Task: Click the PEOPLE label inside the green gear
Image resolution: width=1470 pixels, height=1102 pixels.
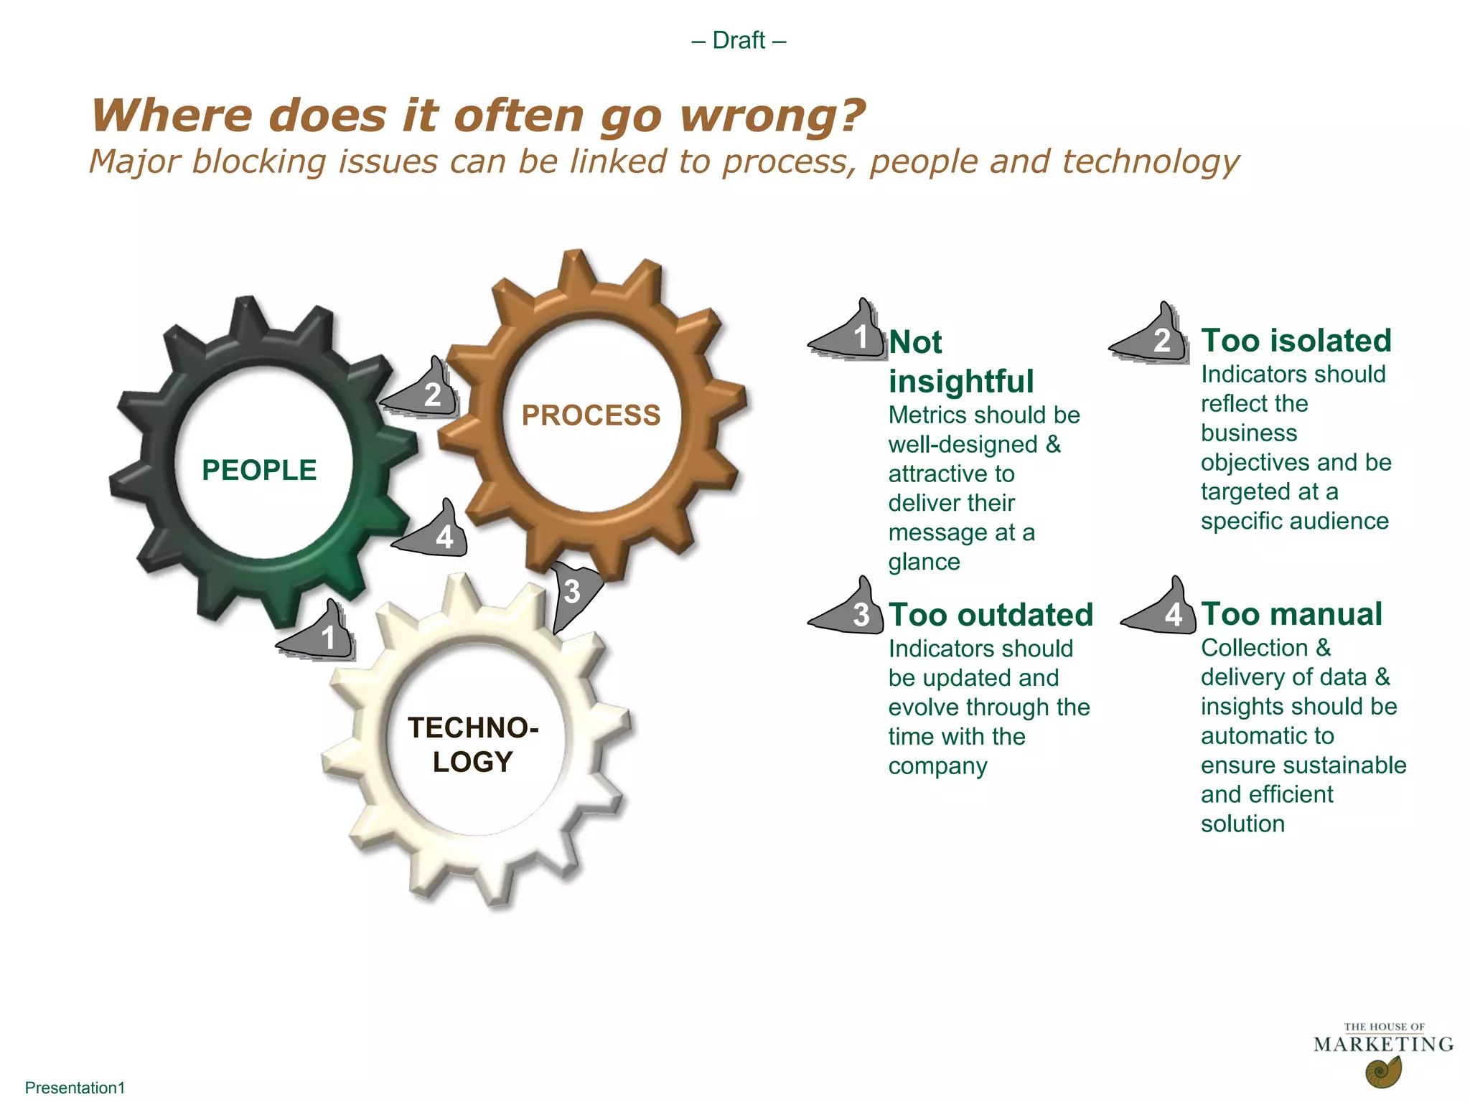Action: pos(259,471)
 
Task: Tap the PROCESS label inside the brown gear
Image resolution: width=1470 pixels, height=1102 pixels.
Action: pos(591,415)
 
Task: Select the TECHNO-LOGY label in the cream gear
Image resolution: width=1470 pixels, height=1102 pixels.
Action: pos(473,745)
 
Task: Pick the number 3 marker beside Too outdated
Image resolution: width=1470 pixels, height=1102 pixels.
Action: pos(856,614)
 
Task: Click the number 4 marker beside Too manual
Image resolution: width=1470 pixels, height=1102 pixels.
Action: pos(1169,613)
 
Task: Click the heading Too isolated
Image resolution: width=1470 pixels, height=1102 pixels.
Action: pos(1296,341)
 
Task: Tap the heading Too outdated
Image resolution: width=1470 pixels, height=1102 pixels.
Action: pos(991,615)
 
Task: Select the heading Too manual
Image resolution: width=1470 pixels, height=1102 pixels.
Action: pos(1291,614)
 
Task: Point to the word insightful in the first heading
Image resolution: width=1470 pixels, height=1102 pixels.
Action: pos(961,382)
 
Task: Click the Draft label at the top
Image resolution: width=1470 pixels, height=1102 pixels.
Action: pos(739,40)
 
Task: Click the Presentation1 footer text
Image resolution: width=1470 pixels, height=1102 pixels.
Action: pos(75,1088)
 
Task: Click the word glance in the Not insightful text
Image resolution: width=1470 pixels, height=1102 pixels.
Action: pos(924,562)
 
